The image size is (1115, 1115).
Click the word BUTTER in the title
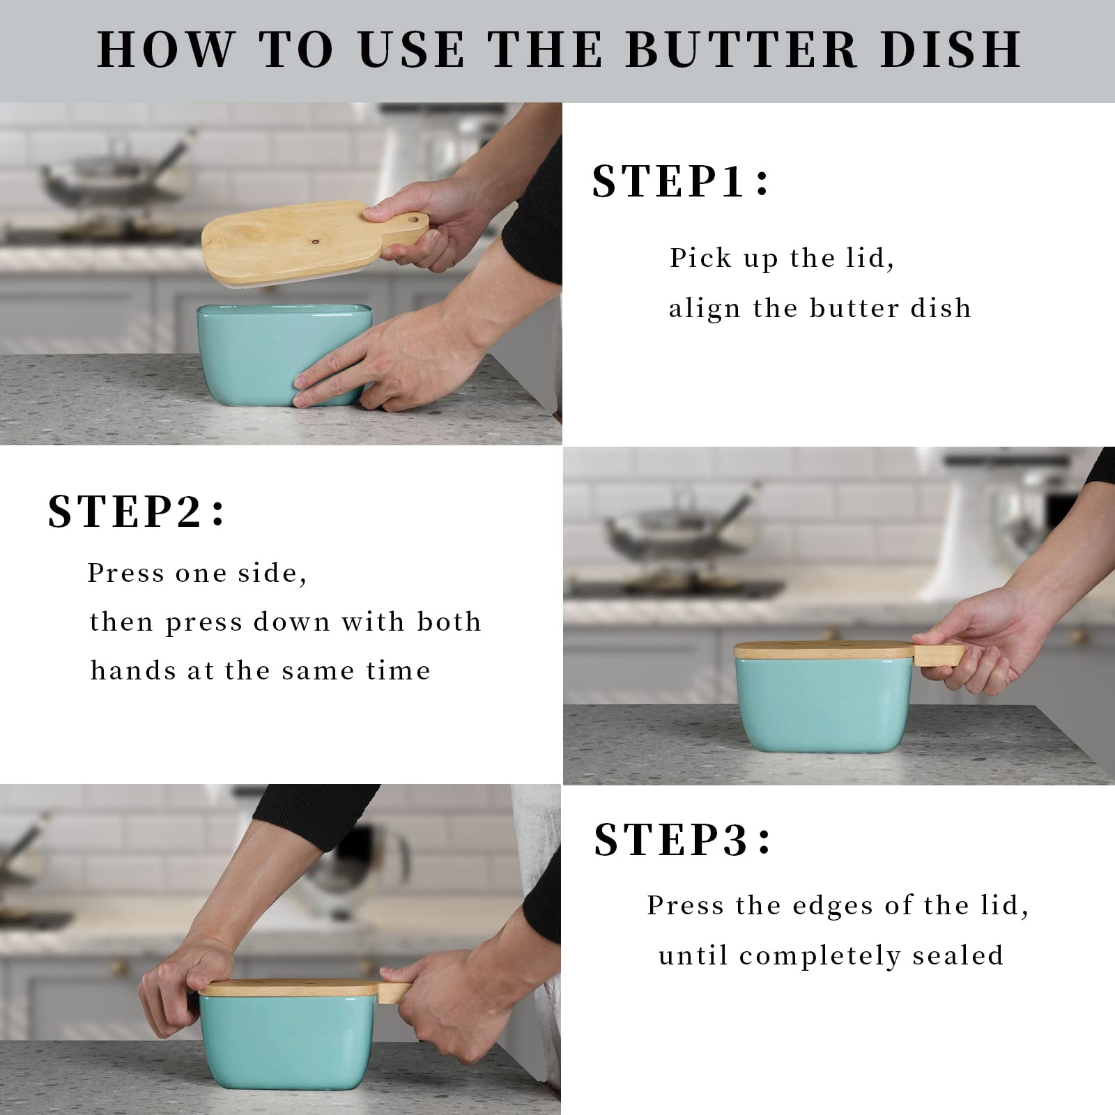[x=741, y=49]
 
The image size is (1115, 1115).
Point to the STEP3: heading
[x=682, y=840]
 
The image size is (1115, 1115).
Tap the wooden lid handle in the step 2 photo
[x=938, y=654]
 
